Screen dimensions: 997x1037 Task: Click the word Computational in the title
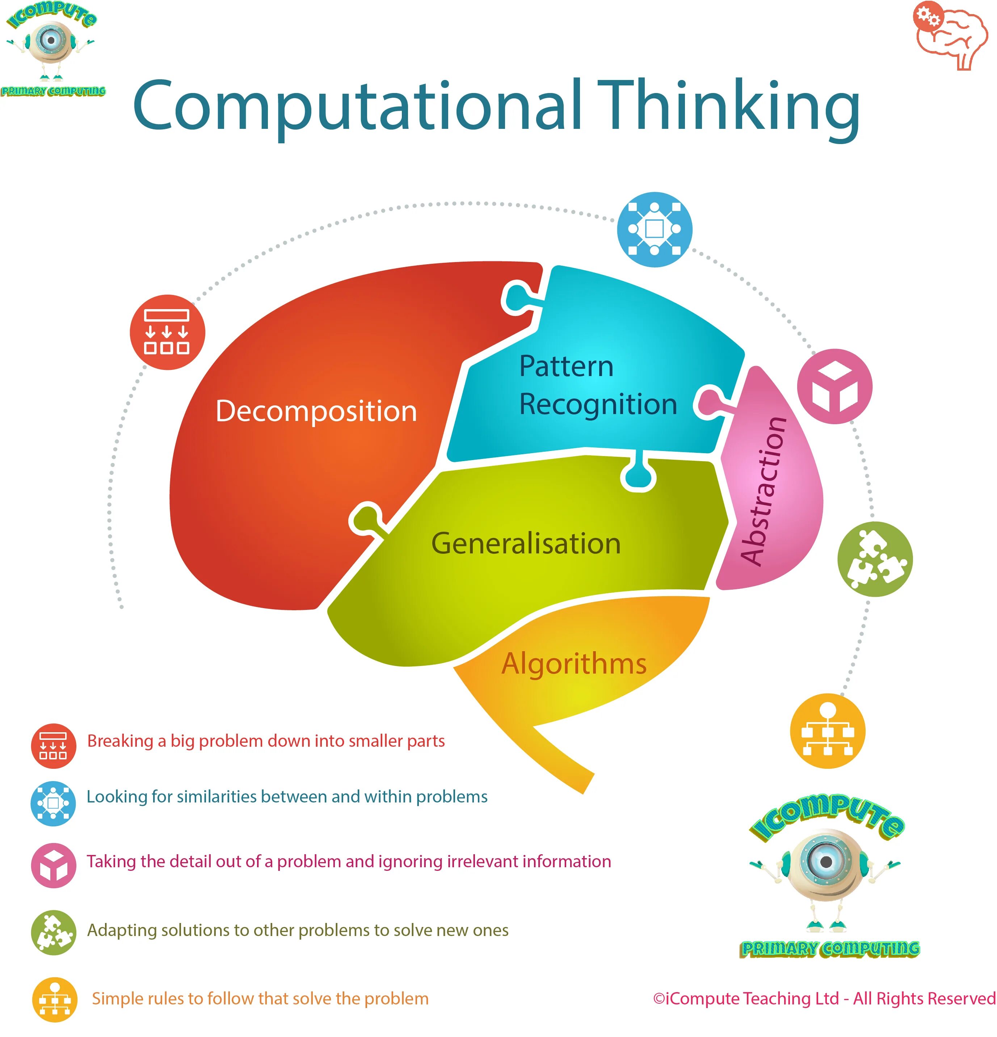click(358, 106)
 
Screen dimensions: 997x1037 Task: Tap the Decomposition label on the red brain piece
click(316, 411)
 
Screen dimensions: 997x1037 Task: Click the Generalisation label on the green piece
click(526, 543)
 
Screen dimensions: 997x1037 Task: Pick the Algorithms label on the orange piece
click(574, 663)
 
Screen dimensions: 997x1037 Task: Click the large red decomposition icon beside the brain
click(167, 332)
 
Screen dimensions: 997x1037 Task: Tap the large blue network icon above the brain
click(654, 229)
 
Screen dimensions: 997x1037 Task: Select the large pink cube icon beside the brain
click(834, 386)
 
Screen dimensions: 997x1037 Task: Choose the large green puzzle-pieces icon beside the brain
click(875, 559)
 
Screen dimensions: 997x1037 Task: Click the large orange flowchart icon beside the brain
click(827, 731)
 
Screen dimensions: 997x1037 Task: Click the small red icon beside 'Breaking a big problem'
click(54, 746)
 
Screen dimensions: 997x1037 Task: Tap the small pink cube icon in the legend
click(54, 865)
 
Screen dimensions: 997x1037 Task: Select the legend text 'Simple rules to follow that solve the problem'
click(260, 998)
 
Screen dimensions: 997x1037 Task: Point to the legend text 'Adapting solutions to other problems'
click(298, 930)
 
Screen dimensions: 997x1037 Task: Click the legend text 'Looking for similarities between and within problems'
click(287, 797)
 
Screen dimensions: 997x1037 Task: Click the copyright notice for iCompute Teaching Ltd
click(824, 998)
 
